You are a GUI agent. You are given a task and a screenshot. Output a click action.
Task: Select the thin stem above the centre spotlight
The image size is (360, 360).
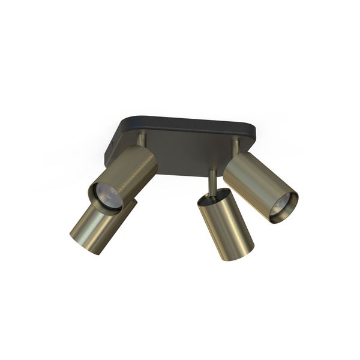coord(211,179)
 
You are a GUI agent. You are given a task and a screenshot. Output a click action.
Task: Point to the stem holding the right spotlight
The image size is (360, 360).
coord(236,146)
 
